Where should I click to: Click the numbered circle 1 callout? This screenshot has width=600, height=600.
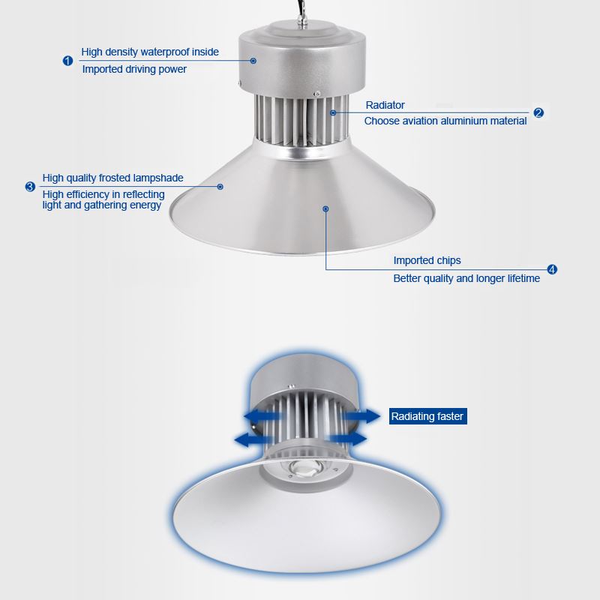67,61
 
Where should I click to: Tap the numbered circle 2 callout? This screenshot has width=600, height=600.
538,113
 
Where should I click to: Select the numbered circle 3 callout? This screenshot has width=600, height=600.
30,187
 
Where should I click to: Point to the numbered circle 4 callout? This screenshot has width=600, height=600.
552,269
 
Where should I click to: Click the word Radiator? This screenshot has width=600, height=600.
385,105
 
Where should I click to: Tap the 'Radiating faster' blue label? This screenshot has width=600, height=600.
427,416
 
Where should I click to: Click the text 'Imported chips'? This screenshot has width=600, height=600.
427,260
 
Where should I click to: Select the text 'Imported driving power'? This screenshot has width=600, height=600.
134,69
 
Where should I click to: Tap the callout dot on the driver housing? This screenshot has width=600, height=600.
253,61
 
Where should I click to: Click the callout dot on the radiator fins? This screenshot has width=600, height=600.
333,113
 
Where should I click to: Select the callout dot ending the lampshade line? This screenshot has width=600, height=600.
220,187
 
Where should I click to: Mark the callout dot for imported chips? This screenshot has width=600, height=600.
325,209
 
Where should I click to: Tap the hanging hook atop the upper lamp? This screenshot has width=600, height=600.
303,22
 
